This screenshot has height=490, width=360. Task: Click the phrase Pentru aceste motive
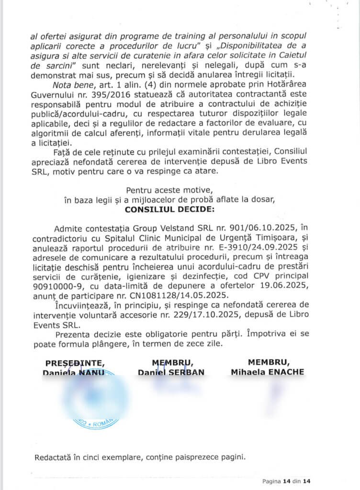162,190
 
